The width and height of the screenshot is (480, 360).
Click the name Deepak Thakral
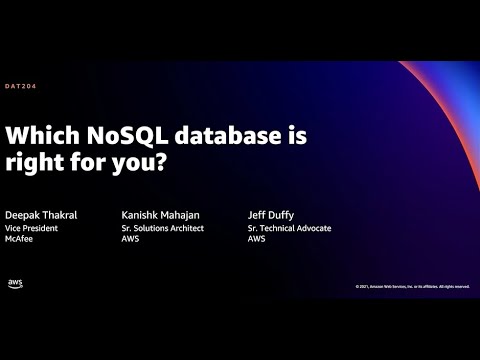pyautogui.click(x=42, y=215)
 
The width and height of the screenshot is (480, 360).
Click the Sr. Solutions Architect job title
pyautogui.click(x=161, y=228)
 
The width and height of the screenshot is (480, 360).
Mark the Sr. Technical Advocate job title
pyautogui.click(x=289, y=228)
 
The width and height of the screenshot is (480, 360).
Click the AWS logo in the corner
pyautogui.click(x=16, y=283)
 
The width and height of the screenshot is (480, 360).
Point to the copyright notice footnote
pyautogui.click(x=411, y=286)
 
